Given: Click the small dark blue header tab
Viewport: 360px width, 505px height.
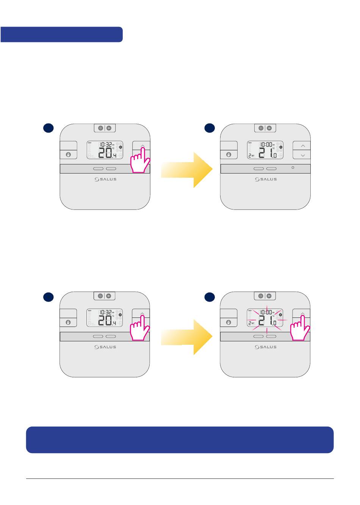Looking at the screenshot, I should coord(61,34).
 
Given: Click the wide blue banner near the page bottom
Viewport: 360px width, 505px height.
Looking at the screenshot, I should coord(180,439).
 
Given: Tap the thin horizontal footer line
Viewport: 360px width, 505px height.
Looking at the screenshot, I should coord(180,478).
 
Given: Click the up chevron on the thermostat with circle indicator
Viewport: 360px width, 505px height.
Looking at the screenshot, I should coord(302,145).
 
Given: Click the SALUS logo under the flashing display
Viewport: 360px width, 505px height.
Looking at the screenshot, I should coord(266,347).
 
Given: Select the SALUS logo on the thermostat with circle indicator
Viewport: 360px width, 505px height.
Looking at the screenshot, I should coord(266,179).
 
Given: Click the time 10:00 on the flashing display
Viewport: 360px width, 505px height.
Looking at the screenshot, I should coord(266,312).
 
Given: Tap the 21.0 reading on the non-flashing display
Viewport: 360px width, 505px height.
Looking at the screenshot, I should coord(268,153).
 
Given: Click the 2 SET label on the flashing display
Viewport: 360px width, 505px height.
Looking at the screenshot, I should coord(251,323).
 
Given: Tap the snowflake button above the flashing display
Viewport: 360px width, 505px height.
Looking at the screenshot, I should coord(261,295).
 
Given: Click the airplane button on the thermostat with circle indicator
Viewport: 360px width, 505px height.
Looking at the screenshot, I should coord(269,128).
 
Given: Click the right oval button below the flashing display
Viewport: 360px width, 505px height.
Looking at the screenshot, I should coord(271,336).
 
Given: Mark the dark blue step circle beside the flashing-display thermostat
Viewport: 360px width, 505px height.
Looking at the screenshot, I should coord(209,297).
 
